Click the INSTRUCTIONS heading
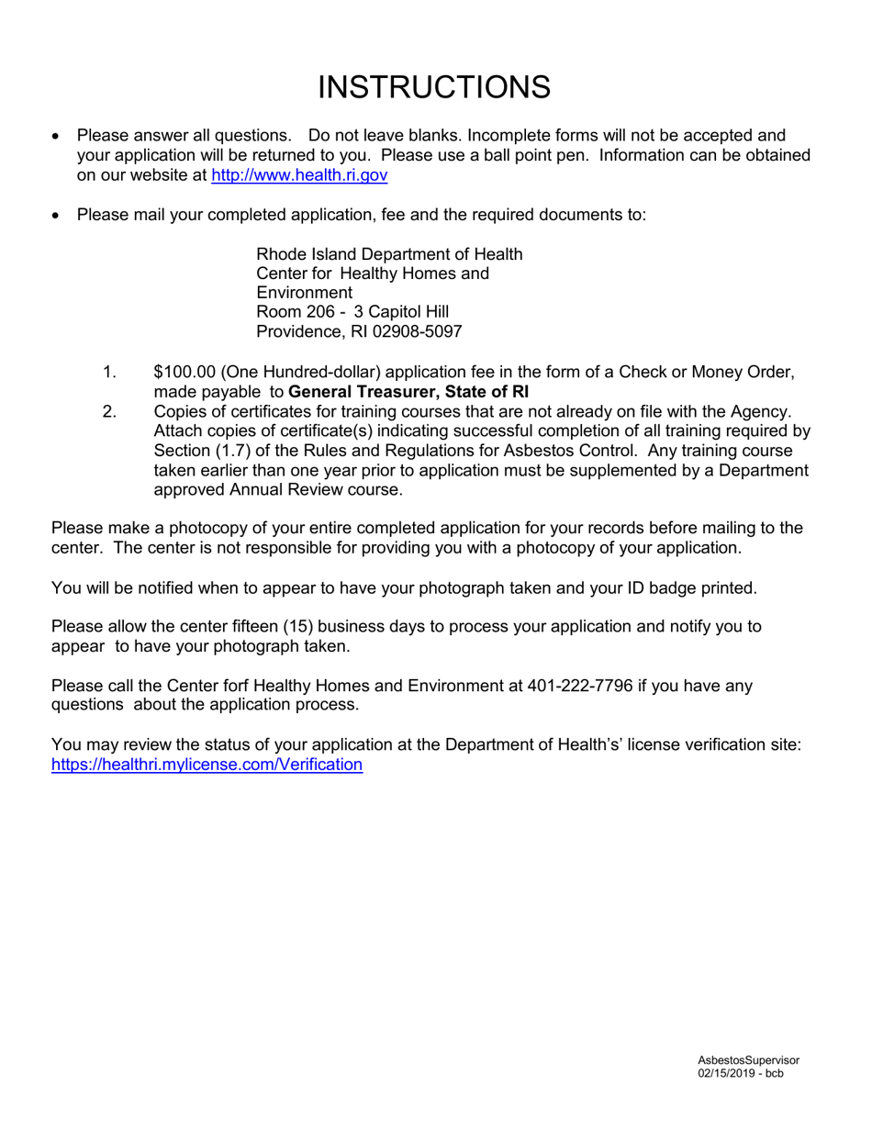click(434, 87)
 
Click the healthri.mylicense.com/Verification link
click(207, 764)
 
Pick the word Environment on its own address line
click(298, 293)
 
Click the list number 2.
click(109, 411)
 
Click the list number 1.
click(109, 372)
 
